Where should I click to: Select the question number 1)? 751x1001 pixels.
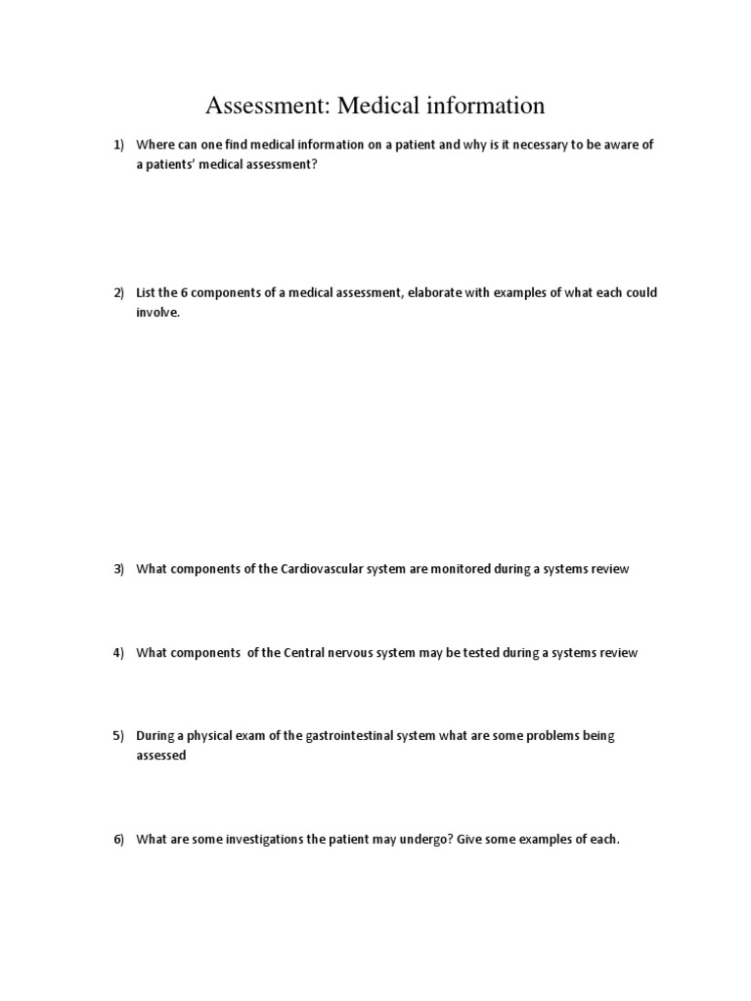click(118, 145)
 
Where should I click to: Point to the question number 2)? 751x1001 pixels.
click(118, 293)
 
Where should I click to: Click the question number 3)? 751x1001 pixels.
click(118, 569)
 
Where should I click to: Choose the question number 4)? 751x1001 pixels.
click(118, 652)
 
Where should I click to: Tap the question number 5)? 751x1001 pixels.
click(118, 735)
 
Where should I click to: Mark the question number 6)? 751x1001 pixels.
click(118, 839)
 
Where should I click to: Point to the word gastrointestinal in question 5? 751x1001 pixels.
click(331, 735)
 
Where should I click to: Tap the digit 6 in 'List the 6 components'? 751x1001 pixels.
click(184, 293)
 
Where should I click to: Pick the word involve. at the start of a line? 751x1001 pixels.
click(158, 313)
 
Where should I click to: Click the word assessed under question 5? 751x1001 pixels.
click(160, 756)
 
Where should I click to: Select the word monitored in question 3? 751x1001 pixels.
click(463, 569)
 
